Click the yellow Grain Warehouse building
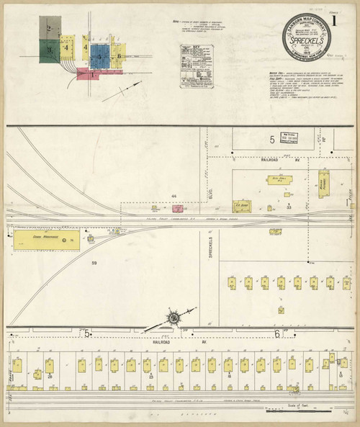click(47, 238)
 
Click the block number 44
click(174, 195)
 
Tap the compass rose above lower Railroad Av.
click(174, 316)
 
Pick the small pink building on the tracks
click(177, 209)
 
